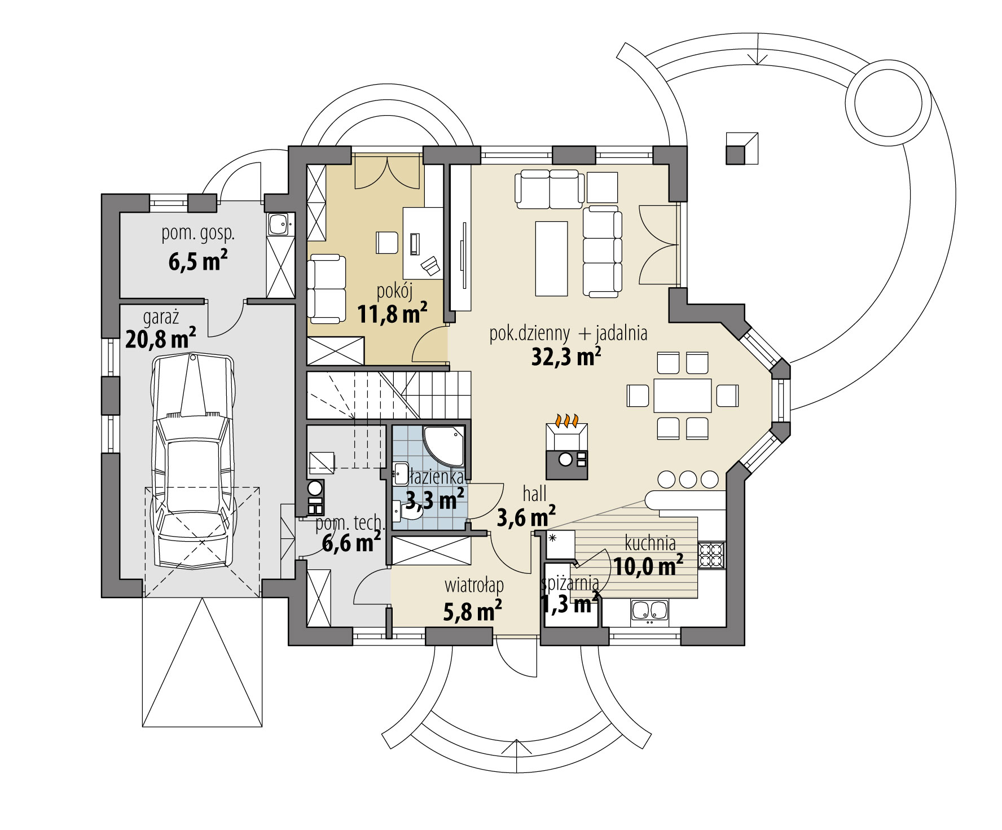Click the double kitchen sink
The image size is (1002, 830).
click(649, 611)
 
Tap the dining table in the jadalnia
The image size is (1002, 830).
click(683, 396)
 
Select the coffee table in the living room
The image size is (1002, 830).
click(551, 258)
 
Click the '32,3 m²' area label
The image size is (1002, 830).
click(566, 357)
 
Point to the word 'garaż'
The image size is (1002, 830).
click(161, 318)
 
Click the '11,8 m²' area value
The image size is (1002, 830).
click(392, 314)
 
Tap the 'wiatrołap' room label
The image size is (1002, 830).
click(474, 585)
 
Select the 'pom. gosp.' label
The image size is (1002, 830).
click(198, 234)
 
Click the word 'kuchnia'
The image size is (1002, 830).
click(650, 543)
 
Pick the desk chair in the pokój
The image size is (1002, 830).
click(386, 243)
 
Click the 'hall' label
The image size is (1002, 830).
click(534, 494)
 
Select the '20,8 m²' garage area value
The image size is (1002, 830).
click(161, 339)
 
